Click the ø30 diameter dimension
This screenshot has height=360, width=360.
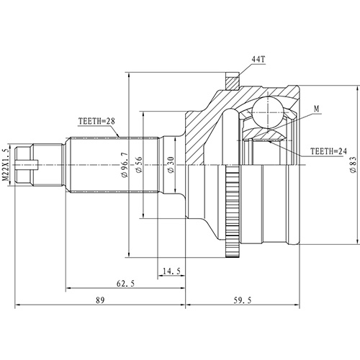click(170, 165)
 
